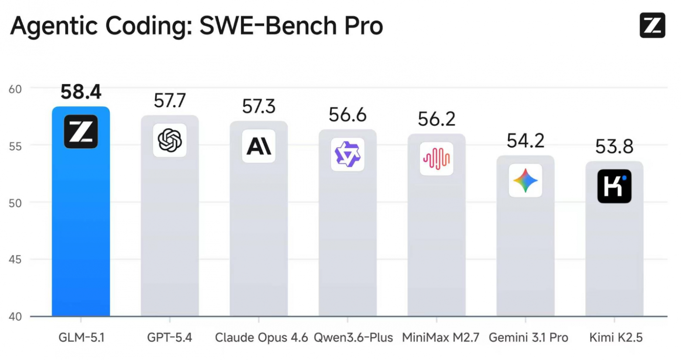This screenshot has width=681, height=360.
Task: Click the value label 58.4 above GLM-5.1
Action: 81,92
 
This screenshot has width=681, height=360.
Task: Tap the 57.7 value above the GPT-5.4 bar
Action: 170,101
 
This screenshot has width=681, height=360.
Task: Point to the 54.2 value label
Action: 526,141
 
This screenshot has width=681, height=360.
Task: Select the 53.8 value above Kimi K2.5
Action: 614,147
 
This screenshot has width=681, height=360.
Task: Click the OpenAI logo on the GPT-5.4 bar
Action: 170,141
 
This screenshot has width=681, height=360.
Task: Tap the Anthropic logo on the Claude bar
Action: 259,146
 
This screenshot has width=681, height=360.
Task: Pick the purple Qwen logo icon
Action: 347,154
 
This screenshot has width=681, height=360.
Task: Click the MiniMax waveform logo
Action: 437,159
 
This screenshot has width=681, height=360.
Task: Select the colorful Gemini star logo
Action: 526,181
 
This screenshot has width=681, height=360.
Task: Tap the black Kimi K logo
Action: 614,186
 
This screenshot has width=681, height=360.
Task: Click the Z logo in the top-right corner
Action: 652,25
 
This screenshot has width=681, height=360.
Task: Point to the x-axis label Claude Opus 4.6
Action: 261,338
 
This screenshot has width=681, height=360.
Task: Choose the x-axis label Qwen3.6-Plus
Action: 353,338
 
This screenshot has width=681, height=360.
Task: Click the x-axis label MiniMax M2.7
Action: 440,338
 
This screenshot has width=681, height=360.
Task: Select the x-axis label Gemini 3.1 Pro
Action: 528,338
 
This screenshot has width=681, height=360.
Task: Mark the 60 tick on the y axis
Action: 15,89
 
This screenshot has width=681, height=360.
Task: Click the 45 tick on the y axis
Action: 15,260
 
